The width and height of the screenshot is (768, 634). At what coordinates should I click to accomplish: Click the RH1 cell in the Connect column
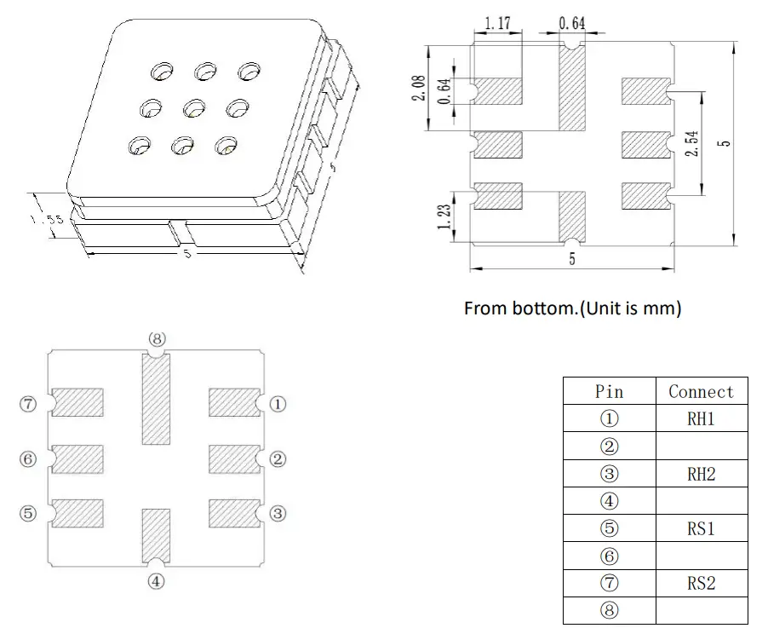(701, 418)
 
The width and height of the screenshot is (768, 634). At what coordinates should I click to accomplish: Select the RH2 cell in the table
(701, 474)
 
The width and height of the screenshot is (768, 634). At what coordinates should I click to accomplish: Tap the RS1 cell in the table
(701, 528)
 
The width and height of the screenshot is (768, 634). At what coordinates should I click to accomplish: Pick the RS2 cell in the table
(701, 583)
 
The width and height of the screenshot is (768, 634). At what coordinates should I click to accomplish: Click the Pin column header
(609, 391)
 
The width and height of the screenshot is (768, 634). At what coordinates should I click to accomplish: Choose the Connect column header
(701, 391)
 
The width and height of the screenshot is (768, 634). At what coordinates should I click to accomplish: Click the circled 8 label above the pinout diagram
(157, 338)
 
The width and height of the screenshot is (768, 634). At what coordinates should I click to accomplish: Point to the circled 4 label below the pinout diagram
(157, 582)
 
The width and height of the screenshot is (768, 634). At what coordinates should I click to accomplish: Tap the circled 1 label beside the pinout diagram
(278, 404)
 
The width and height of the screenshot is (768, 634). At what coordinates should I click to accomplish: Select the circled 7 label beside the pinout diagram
(29, 404)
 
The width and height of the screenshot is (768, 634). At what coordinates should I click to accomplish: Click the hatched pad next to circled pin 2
(234, 459)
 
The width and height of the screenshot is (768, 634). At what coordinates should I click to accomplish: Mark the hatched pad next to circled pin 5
(77, 513)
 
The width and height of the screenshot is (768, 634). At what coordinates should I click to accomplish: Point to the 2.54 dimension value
(692, 142)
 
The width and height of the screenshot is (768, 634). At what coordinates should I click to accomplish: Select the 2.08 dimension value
(419, 87)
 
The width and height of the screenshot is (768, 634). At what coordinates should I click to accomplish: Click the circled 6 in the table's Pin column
(609, 556)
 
